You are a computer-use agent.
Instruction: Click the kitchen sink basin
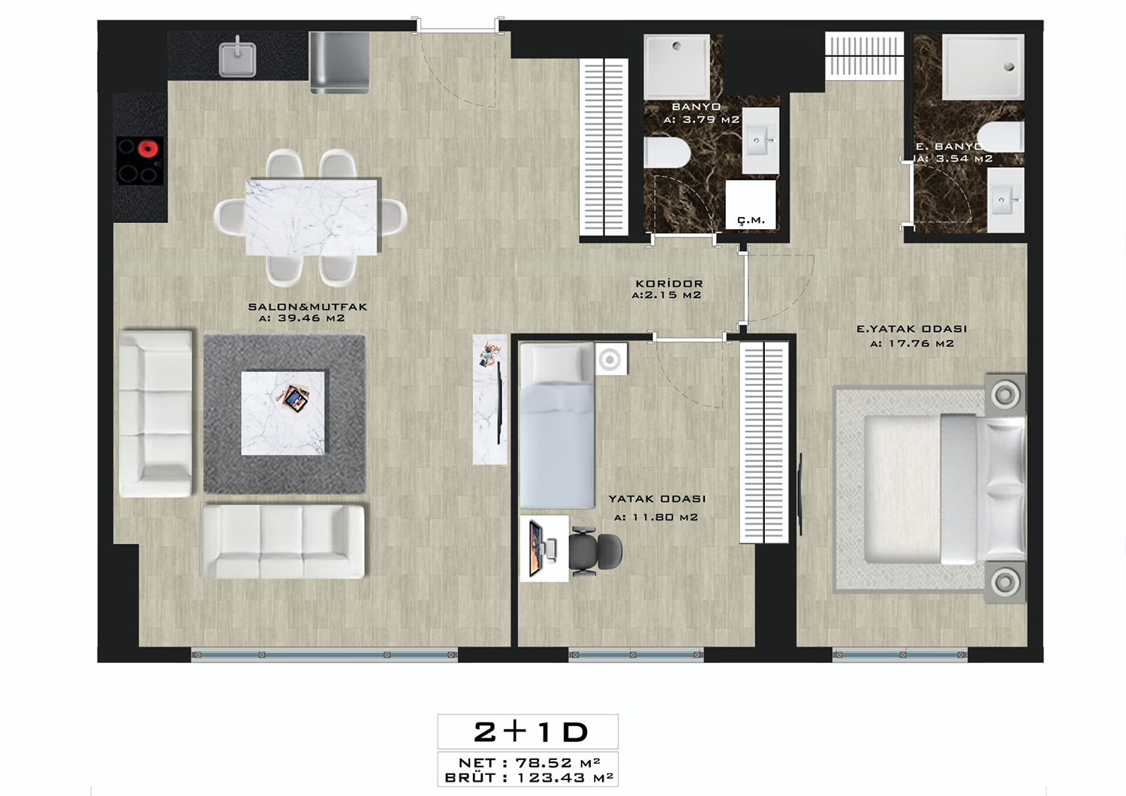point(237,59)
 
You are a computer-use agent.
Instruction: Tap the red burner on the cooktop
point(149,149)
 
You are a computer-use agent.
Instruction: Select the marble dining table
point(312,217)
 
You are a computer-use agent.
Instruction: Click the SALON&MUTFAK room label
point(308,306)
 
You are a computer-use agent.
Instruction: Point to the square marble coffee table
point(282,413)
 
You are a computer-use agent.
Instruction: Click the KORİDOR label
point(669,284)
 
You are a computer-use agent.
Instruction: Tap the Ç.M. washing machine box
point(751,205)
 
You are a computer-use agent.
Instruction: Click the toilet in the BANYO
point(667,153)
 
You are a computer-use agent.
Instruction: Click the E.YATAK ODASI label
point(912,329)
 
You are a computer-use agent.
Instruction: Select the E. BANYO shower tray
point(983,66)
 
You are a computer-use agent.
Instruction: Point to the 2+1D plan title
point(531,731)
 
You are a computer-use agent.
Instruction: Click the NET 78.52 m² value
point(558,762)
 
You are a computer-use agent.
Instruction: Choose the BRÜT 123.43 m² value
point(565,777)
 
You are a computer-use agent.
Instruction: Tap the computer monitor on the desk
point(537,549)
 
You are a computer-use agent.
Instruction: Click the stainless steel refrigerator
point(339,62)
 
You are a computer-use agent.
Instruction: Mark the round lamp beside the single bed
point(610,360)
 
